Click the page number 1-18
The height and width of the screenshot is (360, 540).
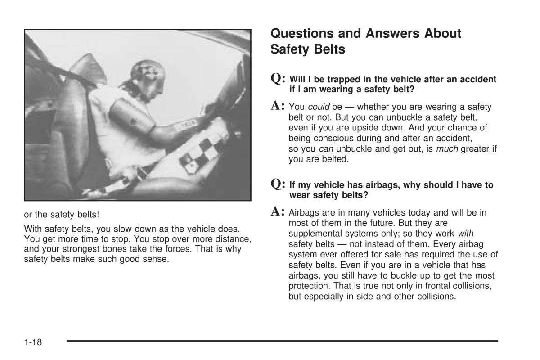pyautogui.click(x=33, y=342)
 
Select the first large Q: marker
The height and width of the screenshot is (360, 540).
pyautogui.click(x=279, y=79)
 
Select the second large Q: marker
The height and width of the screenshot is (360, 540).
pyautogui.click(x=279, y=184)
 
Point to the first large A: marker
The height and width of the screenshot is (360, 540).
pyautogui.click(x=279, y=106)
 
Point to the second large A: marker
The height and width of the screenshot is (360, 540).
pyautogui.click(x=279, y=211)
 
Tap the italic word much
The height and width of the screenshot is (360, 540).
pyautogui.click(x=445, y=148)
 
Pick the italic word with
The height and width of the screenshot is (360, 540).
pyautogui.click(x=466, y=234)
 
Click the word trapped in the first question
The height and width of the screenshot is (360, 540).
pyautogui.click(x=333, y=80)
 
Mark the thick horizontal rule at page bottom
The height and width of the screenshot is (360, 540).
pyautogui.click(x=282, y=341)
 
